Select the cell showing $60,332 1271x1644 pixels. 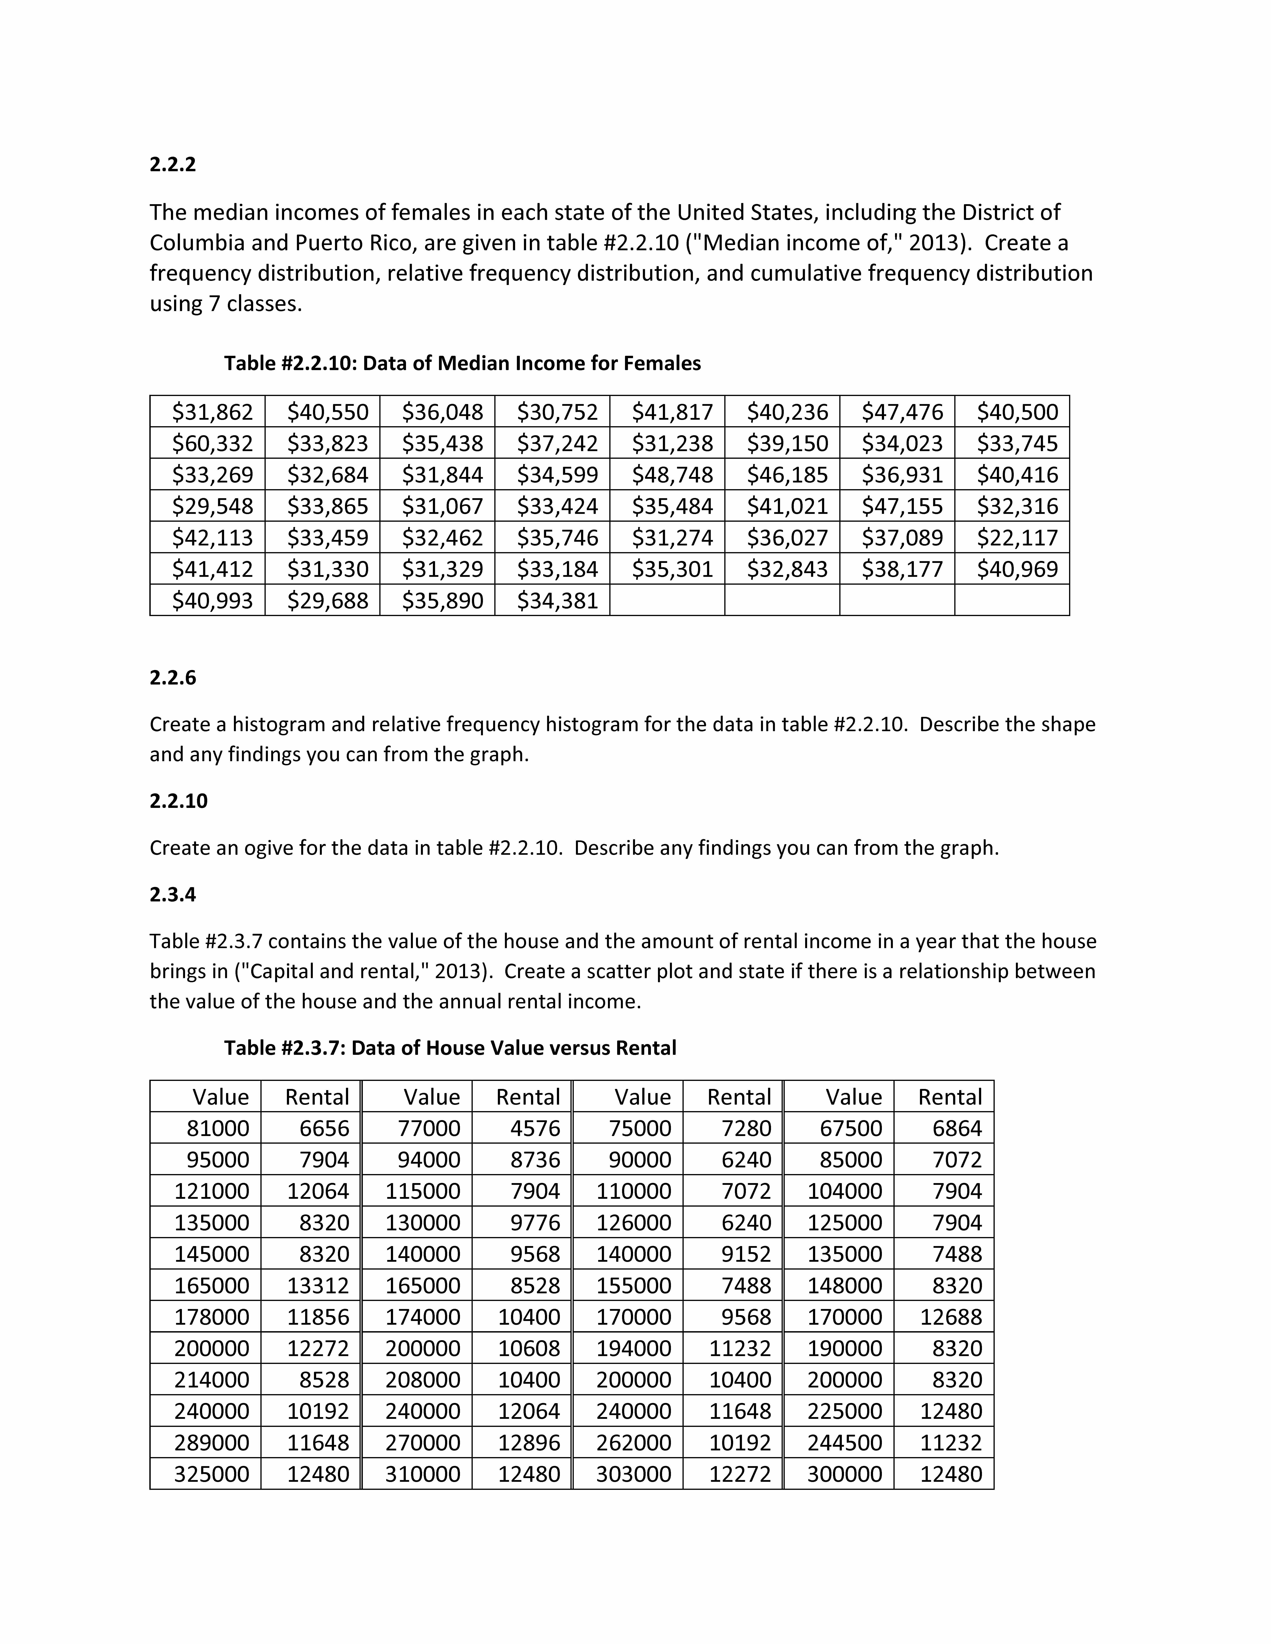pos(212,443)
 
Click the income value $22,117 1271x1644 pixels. pos(1017,537)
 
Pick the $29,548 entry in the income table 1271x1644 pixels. pos(212,506)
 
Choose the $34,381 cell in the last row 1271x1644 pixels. pos(557,601)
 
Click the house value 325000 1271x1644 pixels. pos(212,1474)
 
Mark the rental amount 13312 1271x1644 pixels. pos(318,1286)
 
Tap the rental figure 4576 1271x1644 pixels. pos(535,1128)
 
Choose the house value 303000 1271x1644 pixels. pos(633,1474)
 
